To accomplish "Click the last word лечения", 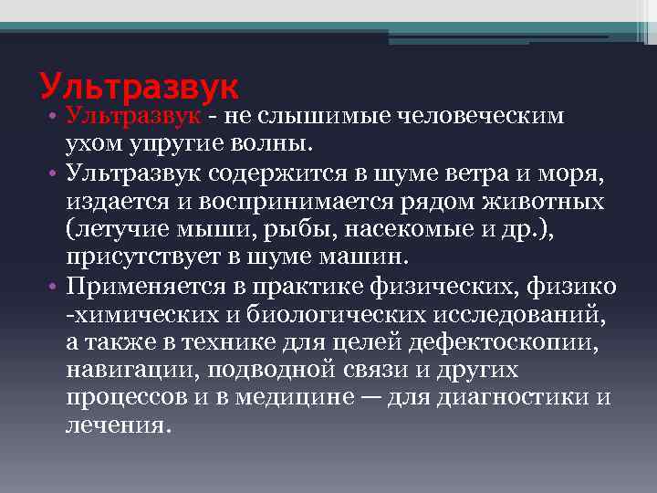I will click(117, 425).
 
